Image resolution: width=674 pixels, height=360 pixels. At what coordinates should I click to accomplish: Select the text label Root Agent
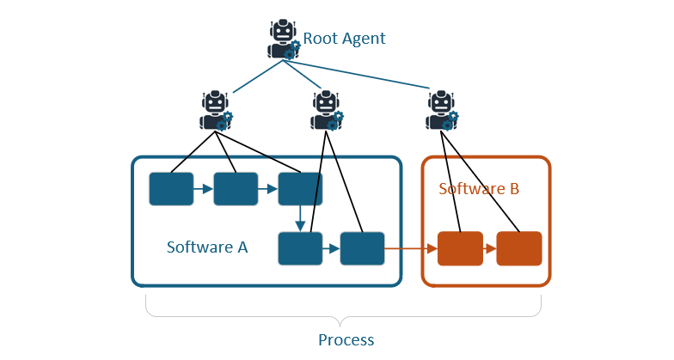[x=344, y=39]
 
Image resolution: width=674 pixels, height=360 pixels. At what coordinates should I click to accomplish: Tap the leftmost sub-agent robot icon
[x=216, y=110]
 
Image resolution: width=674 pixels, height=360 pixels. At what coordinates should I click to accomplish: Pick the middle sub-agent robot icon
[x=326, y=110]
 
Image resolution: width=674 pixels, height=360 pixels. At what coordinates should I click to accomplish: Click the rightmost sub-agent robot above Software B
[x=442, y=110]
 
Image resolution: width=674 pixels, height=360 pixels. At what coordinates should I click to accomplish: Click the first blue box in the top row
[x=171, y=189]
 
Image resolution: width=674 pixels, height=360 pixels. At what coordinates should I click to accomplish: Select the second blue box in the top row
[x=236, y=189]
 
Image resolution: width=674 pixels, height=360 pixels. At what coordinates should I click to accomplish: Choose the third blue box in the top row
[x=300, y=189]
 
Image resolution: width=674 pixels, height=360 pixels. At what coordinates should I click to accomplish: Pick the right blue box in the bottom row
[x=362, y=248]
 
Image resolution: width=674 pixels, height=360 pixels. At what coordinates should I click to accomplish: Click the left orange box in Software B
[x=460, y=248]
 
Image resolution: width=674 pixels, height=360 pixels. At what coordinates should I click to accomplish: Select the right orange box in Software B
[x=518, y=248]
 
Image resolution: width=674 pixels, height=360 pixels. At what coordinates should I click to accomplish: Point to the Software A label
[x=207, y=247]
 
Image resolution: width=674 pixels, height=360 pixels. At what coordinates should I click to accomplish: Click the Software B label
[x=479, y=189]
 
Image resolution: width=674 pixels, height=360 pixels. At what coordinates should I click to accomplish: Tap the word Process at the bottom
[x=346, y=339]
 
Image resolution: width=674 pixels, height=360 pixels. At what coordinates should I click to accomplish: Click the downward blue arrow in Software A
[x=300, y=218]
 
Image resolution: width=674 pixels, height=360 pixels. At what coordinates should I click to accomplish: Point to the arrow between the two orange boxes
[x=489, y=249]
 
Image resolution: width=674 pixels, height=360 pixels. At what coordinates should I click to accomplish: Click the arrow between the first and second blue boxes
[x=203, y=189]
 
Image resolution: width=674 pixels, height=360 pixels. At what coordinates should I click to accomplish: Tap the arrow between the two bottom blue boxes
[x=331, y=249]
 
